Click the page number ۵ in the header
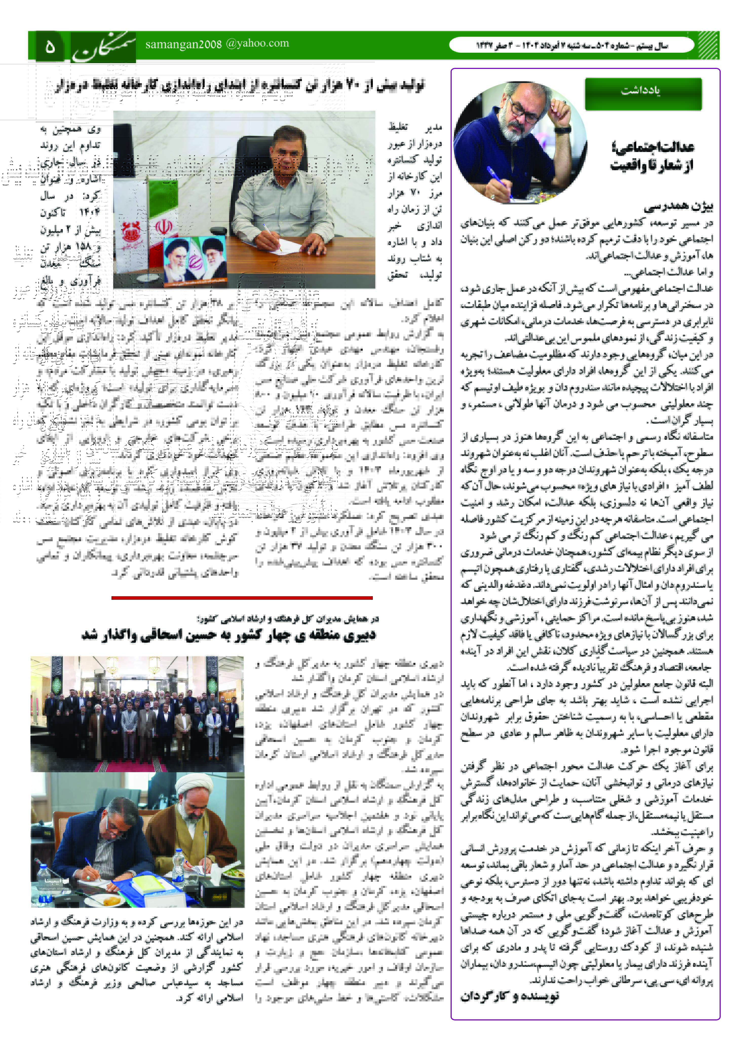coord(50,46)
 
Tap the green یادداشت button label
coord(643,91)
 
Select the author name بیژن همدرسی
coord(678,207)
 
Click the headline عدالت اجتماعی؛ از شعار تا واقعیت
coord(652,156)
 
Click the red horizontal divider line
coord(242,598)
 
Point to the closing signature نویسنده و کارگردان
coord(510,997)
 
